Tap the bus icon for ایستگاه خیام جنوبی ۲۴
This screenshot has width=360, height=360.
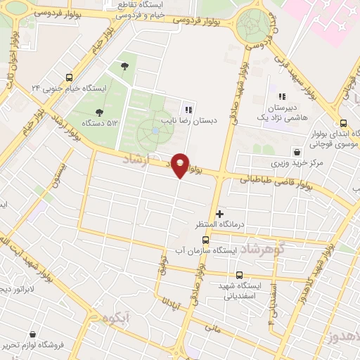tap(69, 77)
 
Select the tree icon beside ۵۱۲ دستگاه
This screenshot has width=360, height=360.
tap(99, 112)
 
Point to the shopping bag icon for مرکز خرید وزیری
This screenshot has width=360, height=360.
tap(298, 151)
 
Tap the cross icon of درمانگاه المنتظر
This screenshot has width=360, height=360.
tap(219, 213)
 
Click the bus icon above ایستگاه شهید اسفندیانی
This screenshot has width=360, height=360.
tap(239, 275)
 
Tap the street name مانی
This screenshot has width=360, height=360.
tap(212, 327)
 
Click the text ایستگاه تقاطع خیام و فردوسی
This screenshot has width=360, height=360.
tap(154, 8)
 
